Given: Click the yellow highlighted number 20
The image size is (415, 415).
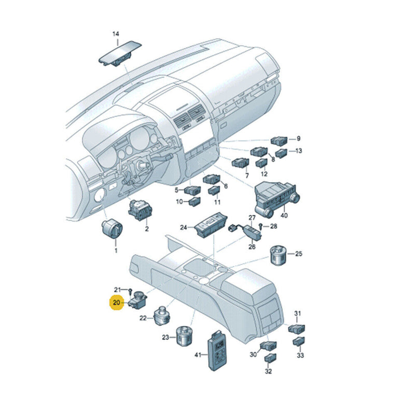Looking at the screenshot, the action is [x=116, y=302].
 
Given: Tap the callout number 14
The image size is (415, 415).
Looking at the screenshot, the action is [x=116, y=34].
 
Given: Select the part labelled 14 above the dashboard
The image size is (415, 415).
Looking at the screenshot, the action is [x=120, y=53].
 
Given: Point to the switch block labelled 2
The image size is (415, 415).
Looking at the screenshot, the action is [x=140, y=211].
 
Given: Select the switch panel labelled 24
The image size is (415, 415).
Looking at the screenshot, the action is [x=211, y=225].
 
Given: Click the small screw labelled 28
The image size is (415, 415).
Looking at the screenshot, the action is [x=260, y=226].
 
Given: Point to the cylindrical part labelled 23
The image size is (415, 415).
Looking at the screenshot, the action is [x=185, y=336].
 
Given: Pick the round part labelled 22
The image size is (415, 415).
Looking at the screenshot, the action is [x=162, y=315].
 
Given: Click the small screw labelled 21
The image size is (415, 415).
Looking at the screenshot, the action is [x=131, y=292].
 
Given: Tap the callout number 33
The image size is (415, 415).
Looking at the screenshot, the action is [x=300, y=355].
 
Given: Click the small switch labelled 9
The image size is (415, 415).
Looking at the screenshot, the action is [x=279, y=141].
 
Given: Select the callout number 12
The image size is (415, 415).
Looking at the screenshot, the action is [x=264, y=174].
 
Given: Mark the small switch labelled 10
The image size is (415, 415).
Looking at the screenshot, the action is [x=195, y=202].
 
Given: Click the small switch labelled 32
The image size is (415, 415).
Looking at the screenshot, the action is [x=270, y=357].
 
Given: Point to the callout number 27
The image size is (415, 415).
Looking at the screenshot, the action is [x=252, y=217].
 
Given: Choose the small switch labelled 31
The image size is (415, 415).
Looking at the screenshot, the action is [x=296, y=329].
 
